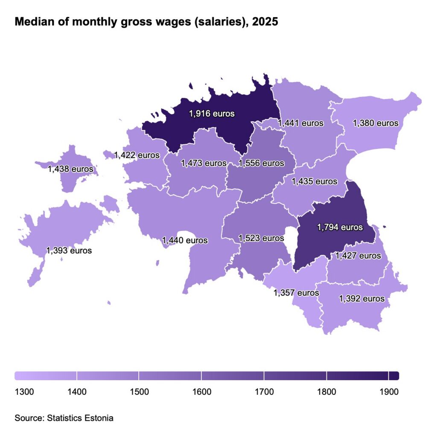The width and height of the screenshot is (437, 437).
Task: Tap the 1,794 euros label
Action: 340,227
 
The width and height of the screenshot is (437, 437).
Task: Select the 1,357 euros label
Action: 296,293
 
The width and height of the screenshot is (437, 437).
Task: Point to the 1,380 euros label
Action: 376,123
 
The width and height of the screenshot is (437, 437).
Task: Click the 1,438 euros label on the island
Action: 70,169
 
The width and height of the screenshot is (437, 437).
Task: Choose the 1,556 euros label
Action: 261,163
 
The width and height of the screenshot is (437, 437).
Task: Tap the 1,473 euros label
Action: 204,163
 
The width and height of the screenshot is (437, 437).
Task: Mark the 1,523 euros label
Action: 261,238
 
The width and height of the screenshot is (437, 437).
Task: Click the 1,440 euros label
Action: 185,240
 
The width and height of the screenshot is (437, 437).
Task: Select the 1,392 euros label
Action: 362,298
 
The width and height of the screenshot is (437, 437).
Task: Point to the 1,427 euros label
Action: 358,256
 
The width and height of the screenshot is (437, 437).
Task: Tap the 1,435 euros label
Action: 315,181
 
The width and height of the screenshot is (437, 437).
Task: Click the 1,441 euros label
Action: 300,123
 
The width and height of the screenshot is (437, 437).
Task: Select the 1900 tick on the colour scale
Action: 388,391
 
